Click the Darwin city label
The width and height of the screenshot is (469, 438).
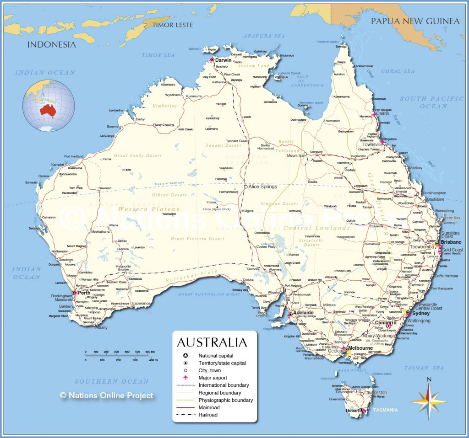pos(224,60)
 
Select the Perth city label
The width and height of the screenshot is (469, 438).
pos(84,293)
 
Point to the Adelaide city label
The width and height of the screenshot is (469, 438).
pos(303,313)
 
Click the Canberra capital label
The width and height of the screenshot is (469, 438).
pos(385,322)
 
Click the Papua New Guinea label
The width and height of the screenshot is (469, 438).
pos(414,21)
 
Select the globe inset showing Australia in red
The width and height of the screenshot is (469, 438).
pos(49,106)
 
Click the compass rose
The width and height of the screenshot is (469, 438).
pos(428,401)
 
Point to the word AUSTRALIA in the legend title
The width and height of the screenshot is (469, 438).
pos(212,342)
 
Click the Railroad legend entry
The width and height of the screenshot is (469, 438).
pos(208,415)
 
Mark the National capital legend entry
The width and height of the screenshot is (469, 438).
pos(215,356)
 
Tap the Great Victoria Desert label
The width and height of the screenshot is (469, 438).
pos(198,239)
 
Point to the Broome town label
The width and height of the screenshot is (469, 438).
pos(112,127)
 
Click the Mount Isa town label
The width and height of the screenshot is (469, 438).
pos(295,155)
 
